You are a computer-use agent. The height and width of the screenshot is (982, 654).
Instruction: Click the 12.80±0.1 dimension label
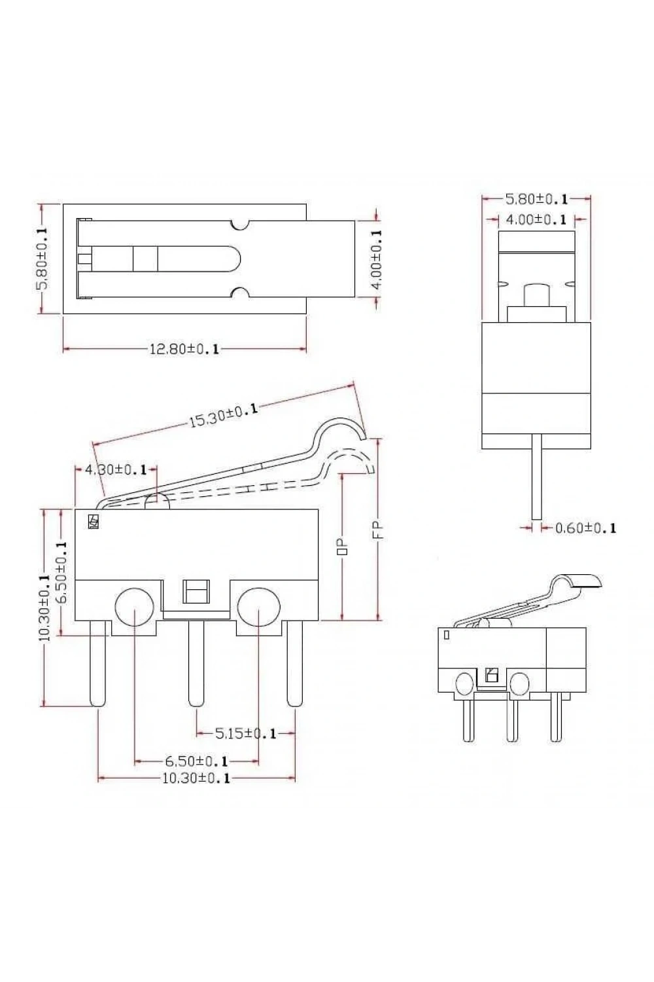[184, 349]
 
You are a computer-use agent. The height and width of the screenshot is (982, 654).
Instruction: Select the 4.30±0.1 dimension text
[116, 469]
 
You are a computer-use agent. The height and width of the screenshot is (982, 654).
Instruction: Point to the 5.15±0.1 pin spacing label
[245, 733]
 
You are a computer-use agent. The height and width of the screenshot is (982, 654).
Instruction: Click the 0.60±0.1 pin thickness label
[586, 528]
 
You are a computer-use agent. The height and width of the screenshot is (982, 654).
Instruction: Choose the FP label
[379, 530]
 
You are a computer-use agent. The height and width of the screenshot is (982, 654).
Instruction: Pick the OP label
[343, 547]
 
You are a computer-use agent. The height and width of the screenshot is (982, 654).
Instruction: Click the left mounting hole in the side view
[135, 607]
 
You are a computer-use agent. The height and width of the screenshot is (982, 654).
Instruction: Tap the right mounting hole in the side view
[258, 607]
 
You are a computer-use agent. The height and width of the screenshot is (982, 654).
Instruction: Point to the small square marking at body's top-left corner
[94, 521]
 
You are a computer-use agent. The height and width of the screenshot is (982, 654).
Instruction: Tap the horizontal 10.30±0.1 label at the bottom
[196, 778]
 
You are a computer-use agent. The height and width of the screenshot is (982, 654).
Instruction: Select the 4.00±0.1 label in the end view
[536, 219]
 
